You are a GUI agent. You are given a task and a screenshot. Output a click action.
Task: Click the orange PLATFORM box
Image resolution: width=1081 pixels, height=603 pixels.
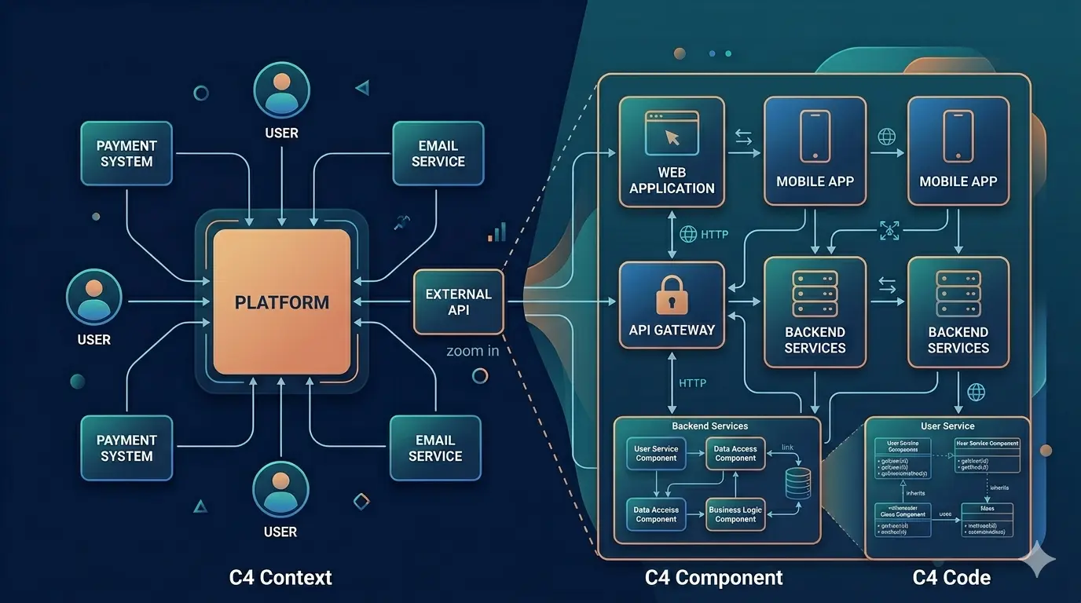click(x=282, y=302)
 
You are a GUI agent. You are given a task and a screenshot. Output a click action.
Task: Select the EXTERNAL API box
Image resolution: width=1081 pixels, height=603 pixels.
click(x=458, y=302)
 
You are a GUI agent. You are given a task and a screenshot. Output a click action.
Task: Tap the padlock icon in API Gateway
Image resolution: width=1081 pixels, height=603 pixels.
click(x=672, y=296)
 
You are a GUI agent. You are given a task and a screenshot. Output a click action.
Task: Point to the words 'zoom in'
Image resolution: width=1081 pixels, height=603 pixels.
click(x=472, y=351)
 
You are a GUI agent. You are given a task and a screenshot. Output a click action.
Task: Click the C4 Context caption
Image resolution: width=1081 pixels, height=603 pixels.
click(x=280, y=578)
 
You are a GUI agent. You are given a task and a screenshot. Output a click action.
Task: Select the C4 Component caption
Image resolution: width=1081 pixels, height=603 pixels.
click(x=713, y=578)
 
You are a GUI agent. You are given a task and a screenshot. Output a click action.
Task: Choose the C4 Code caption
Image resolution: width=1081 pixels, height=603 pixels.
click(x=951, y=578)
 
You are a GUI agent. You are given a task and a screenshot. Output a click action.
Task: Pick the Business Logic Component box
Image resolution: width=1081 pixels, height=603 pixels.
click(x=735, y=514)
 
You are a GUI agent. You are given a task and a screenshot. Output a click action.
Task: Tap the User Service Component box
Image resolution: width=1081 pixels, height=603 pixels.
click(x=656, y=454)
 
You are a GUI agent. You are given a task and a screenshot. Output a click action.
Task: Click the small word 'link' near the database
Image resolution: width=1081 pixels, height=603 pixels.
click(x=787, y=448)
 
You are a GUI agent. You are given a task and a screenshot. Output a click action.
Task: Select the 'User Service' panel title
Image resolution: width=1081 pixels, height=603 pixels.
click(x=947, y=426)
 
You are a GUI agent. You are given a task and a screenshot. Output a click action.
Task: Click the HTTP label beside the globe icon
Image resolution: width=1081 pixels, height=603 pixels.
click(x=714, y=234)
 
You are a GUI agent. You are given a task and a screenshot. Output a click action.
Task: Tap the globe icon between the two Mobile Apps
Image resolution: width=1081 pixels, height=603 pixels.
click(x=886, y=137)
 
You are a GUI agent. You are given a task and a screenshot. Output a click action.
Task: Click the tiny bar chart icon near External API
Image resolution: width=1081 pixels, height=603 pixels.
click(x=497, y=232)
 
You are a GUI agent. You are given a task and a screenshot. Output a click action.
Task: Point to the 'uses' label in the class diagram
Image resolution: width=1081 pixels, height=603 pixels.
click(x=946, y=515)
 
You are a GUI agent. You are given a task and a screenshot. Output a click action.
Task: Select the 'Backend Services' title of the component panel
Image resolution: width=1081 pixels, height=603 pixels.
click(x=709, y=426)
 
